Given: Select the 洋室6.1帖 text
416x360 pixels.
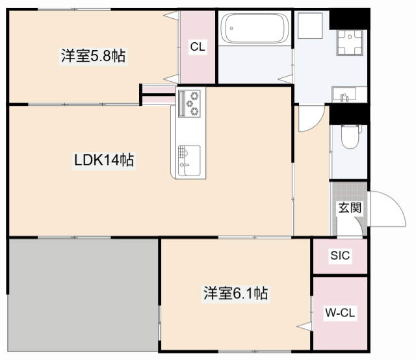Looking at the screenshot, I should [235, 294].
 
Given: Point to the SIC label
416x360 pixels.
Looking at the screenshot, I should [340, 256].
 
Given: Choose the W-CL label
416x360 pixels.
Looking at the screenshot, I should [340, 313].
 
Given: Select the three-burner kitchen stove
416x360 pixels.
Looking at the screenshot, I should [191, 103].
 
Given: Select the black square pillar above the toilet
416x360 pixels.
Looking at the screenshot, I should [349, 114].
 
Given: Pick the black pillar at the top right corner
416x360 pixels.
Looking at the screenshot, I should [350, 19].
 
